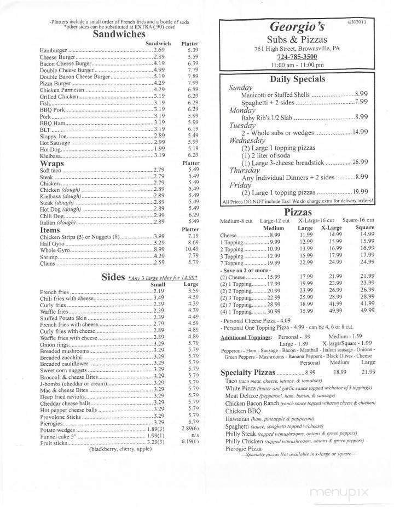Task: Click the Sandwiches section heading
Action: pyautogui.click(x=119, y=34)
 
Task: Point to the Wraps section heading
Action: pyautogui.click(x=52, y=163)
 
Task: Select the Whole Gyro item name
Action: pyautogui.click(x=53, y=249)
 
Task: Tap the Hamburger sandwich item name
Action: pyautogui.click(x=53, y=50)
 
